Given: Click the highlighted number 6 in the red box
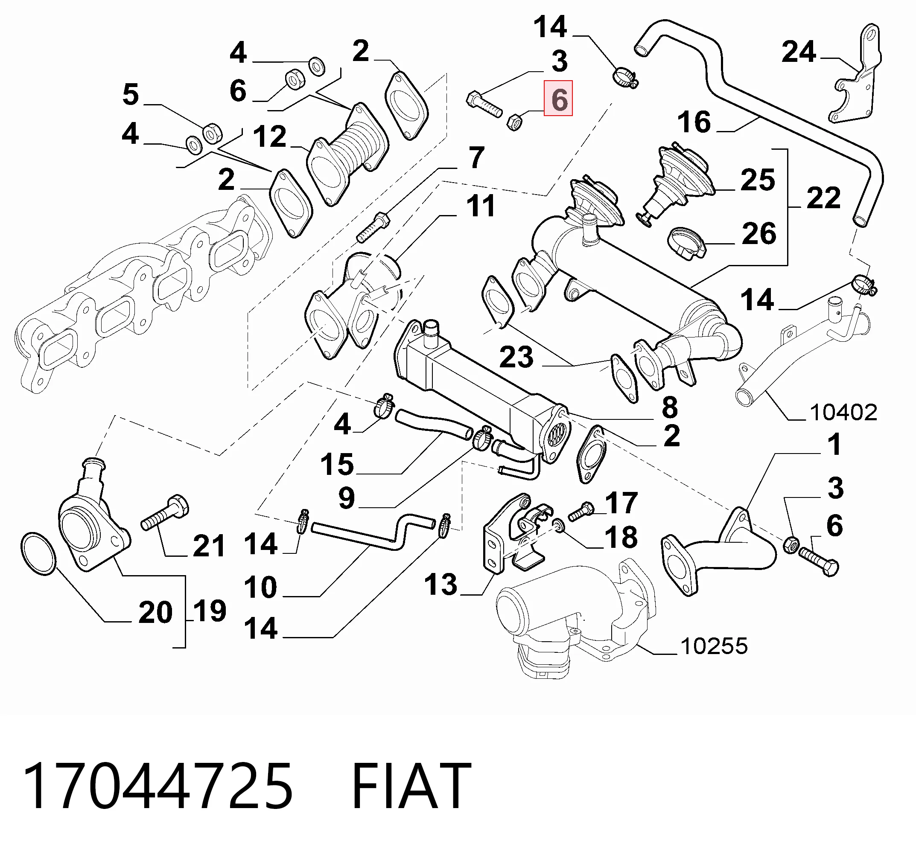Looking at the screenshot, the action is click(x=558, y=99).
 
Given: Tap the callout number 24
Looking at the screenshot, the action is click(x=799, y=52).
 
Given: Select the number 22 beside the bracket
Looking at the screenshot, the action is click(x=823, y=198).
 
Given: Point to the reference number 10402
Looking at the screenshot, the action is click(x=843, y=412).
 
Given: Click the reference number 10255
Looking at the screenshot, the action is click(x=714, y=646).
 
